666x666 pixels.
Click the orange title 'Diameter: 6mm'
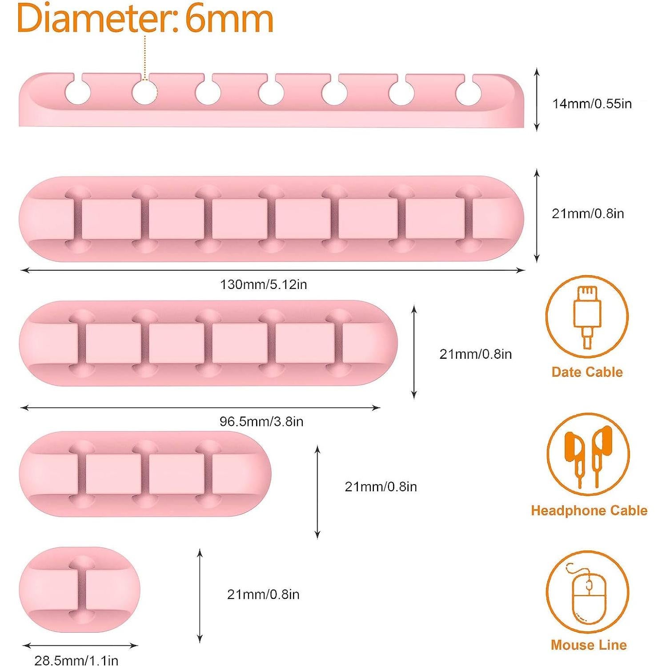(x=145, y=19)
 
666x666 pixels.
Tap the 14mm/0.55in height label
(x=592, y=104)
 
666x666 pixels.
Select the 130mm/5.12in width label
(x=263, y=285)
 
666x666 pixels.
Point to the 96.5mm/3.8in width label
(x=261, y=421)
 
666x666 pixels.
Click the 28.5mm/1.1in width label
(x=76, y=660)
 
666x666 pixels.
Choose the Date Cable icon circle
(x=587, y=317)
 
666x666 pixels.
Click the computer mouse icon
(x=588, y=593)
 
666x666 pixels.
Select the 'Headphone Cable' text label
(x=589, y=510)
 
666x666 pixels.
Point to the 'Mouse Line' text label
(x=589, y=645)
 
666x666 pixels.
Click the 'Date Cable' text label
(x=587, y=372)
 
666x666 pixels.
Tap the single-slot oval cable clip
(x=80, y=589)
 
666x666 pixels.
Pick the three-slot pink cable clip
(x=145, y=474)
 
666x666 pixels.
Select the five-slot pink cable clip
(x=208, y=343)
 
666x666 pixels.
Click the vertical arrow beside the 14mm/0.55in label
(x=537, y=100)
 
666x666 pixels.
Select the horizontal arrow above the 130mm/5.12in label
(x=273, y=270)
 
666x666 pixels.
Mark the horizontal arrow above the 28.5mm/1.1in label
(x=80, y=646)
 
